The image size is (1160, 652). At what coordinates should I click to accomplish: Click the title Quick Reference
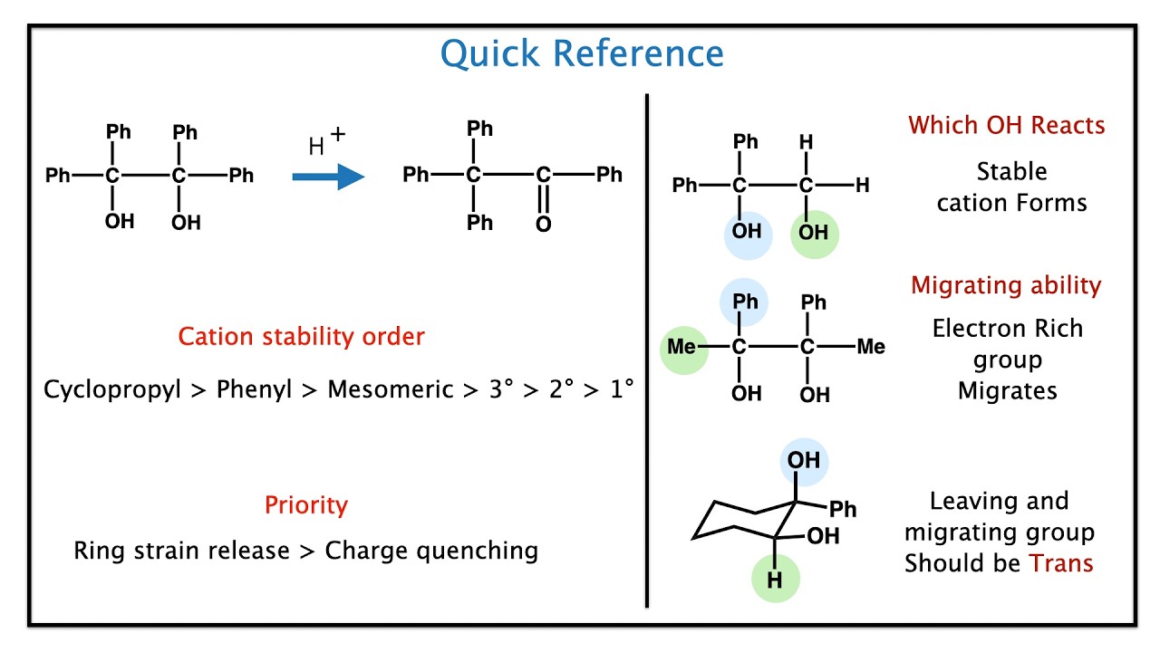coord(582,54)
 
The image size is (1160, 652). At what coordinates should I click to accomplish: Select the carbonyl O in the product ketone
coord(543,224)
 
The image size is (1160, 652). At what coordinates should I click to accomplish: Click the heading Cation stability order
coord(301,337)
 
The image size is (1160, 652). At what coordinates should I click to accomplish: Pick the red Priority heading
coord(305,504)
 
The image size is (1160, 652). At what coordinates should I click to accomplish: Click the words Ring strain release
coord(181,551)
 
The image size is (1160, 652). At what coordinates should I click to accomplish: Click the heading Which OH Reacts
coord(1007,125)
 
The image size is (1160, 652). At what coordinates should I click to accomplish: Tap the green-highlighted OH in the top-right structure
coord(814,233)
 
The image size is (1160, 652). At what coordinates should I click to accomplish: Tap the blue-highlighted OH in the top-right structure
coord(747,232)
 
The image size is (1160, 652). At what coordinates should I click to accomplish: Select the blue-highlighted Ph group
coord(745,302)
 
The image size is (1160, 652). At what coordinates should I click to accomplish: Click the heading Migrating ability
coord(1006,286)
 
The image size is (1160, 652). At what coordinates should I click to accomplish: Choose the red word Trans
coord(1061,563)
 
